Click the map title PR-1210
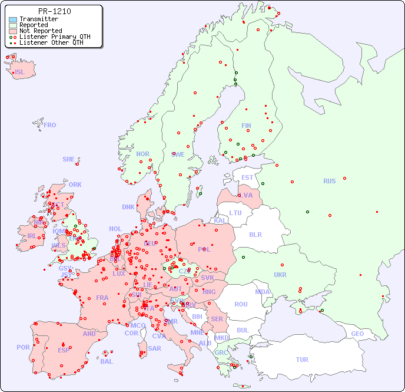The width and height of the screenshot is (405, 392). click(x=54, y=11)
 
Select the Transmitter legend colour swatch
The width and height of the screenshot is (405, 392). click(x=13, y=19)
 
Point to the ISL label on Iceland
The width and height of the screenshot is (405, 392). click(x=20, y=73)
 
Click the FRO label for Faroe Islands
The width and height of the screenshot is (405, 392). click(x=50, y=125)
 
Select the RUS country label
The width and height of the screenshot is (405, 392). click(x=329, y=181)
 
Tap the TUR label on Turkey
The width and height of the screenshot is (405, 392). click(x=302, y=360)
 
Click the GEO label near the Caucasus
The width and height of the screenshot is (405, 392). click(x=357, y=334)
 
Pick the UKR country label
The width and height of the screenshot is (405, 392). click(x=280, y=275)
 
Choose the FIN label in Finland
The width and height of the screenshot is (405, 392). click(x=246, y=126)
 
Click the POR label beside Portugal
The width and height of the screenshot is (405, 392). click(x=23, y=347)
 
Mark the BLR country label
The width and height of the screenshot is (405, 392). click(x=255, y=234)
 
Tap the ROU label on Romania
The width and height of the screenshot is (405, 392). click(x=241, y=304)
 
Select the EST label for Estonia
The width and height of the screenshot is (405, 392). click(x=247, y=177)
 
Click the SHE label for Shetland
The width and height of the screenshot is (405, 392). click(x=69, y=159)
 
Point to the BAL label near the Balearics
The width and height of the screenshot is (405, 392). click(x=107, y=361)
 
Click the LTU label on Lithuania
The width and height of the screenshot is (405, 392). click(x=235, y=213)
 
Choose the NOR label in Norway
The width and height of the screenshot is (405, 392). click(x=142, y=154)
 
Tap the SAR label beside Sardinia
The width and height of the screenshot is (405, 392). click(x=155, y=348)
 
